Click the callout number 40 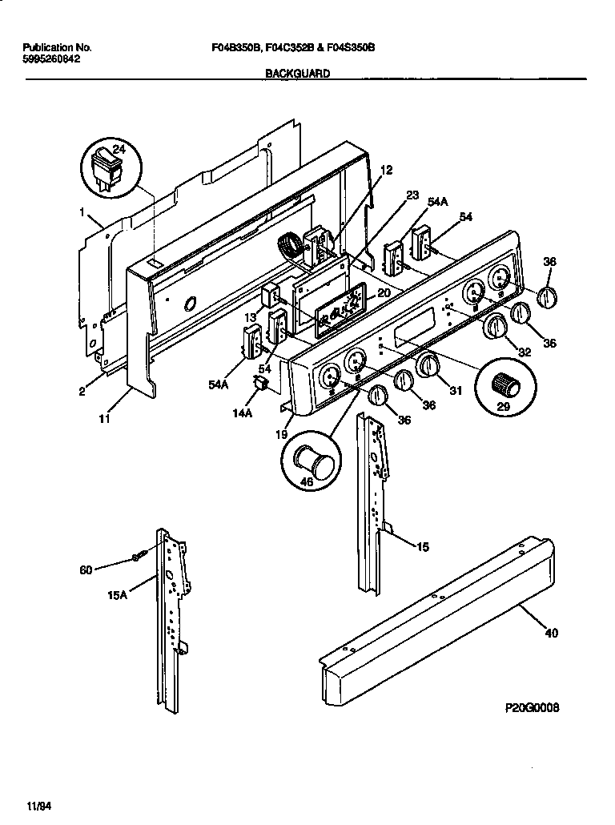click(551, 633)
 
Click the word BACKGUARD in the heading click(296, 72)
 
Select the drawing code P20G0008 click(532, 708)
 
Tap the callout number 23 click(412, 195)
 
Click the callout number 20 click(384, 293)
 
